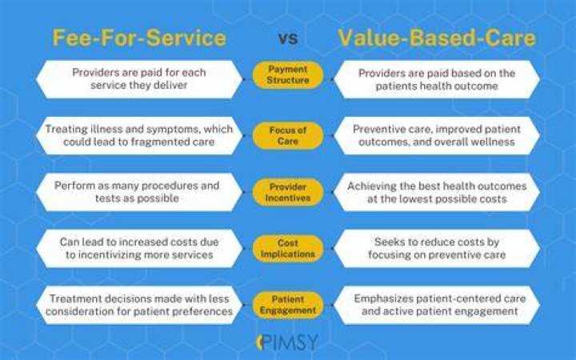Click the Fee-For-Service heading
139,38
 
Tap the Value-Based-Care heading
437,38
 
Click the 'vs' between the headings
288,38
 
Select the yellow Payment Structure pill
288,74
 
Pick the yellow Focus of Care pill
288,135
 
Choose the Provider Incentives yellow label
288,192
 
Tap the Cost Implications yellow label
288,249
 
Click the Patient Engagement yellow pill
288,305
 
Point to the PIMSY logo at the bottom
287,342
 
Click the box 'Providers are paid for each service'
139,79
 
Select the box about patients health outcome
437,79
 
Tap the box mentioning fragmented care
139,135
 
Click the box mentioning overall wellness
437,135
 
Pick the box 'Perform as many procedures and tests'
139,192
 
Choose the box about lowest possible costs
437,192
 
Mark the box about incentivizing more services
139,249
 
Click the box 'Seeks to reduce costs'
437,249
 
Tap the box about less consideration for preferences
139,305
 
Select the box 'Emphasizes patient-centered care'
437,305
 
